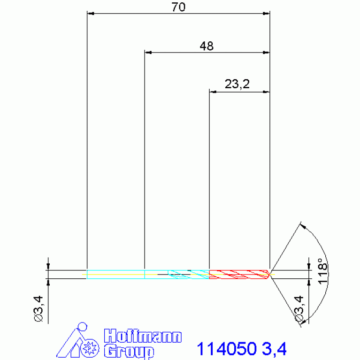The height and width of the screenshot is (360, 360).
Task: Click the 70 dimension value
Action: pos(178,7)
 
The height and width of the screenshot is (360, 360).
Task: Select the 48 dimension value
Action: pos(207,46)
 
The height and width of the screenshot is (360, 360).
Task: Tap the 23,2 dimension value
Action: pos(237,84)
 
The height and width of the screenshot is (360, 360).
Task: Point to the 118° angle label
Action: pos(322,271)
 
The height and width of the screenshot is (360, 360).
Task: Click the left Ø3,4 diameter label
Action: pos(38,309)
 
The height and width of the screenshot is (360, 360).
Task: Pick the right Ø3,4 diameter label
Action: pos(299,309)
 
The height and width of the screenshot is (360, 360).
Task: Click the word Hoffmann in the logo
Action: pos(143,336)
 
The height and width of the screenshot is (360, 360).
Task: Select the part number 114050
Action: pos(227,349)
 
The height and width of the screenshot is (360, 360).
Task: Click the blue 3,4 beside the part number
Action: pos(274,349)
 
